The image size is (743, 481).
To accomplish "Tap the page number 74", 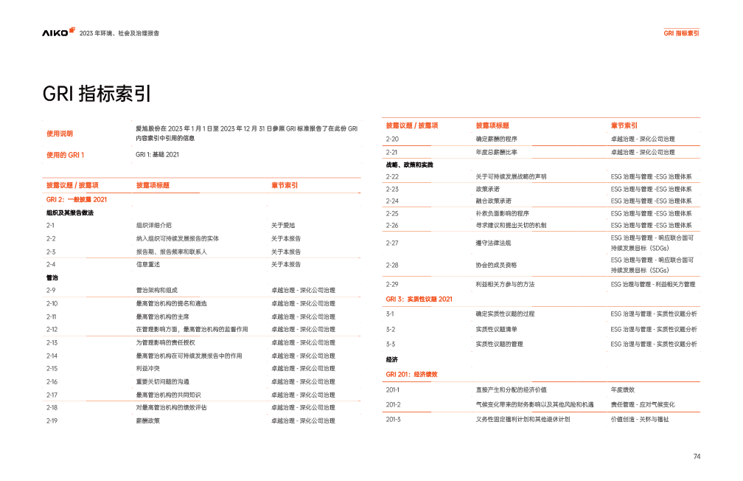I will [697, 457].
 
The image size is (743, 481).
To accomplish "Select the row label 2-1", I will [49, 224].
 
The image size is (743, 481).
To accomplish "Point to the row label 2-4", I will [50, 264].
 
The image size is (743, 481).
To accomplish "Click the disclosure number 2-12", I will [52, 329].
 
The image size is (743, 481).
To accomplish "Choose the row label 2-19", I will [52, 421].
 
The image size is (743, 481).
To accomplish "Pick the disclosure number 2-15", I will [52, 368].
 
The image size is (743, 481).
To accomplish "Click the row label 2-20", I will [392, 139].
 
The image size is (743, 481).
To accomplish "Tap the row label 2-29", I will [392, 284].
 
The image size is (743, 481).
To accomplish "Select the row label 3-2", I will [391, 329].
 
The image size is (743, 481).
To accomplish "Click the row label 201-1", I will [393, 389].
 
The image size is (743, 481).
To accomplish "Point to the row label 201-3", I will [393, 419].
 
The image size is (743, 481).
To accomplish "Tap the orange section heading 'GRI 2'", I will [77, 199].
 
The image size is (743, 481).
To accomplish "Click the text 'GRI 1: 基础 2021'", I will [157, 155].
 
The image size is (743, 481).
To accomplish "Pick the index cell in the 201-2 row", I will [643, 404].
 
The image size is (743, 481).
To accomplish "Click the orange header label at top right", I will [681, 33].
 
